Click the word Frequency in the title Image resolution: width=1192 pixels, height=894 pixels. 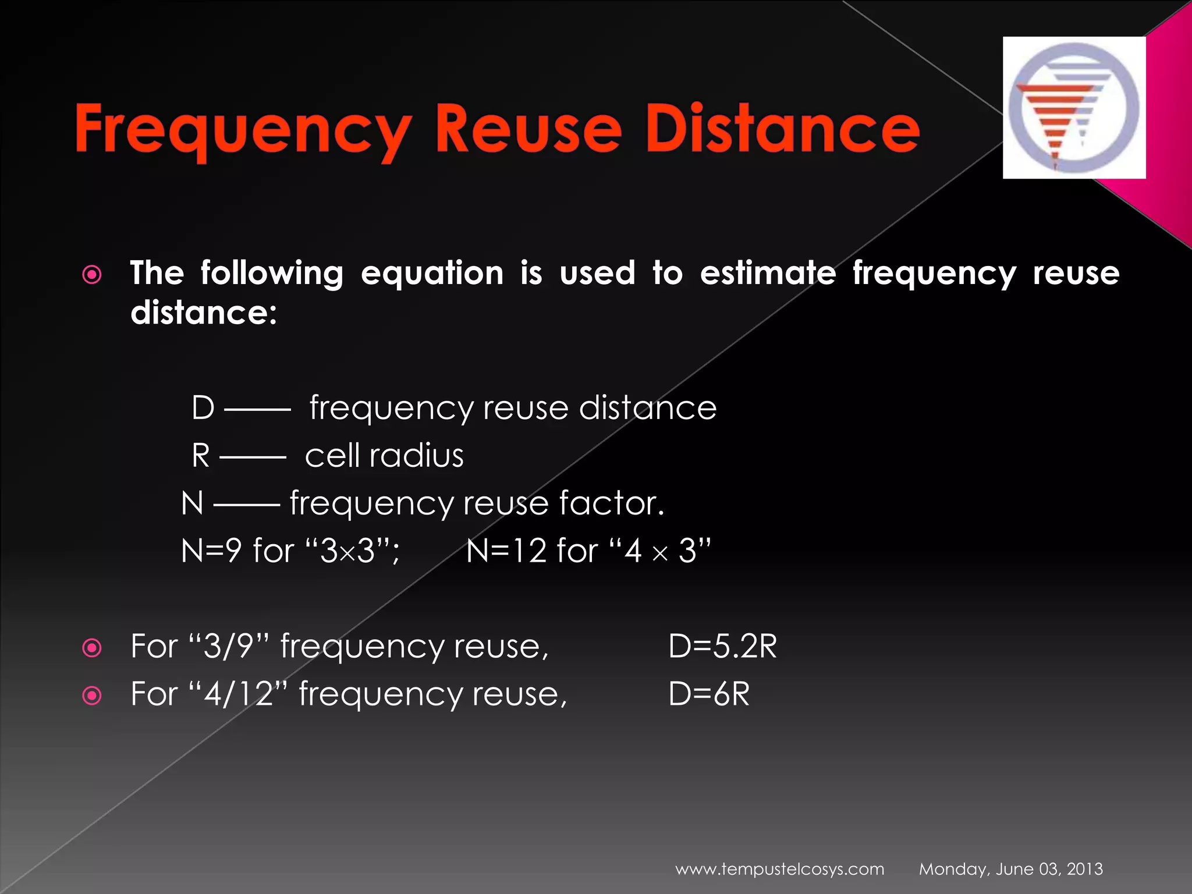point(243,129)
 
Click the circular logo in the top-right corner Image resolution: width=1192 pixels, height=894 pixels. point(1074,108)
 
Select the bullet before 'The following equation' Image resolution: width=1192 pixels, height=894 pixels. point(92,275)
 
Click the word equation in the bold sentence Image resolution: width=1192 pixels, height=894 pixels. point(432,274)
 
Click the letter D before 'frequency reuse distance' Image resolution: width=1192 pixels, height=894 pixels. point(203,407)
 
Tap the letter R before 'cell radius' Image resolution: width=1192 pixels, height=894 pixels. point(201,455)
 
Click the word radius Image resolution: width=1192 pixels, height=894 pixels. point(416,455)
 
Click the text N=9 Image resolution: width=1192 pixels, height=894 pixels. point(211,551)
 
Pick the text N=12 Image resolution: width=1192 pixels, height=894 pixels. point(506,551)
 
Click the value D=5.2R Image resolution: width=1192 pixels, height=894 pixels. point(722,646)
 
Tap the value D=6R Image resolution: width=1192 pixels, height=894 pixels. point(709,694)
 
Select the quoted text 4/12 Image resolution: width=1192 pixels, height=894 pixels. point(239,694)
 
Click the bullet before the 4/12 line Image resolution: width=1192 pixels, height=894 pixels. point(92,696)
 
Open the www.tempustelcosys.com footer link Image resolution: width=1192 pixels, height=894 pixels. point(779,870)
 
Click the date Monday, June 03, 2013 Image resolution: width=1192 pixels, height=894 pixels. point(1010,870)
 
